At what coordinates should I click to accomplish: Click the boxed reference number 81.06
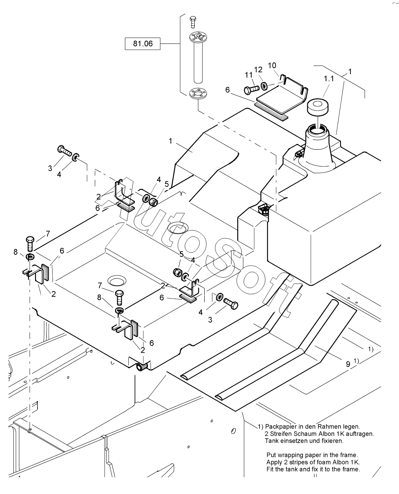(143, 43)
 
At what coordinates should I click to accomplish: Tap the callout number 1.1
(329, 79)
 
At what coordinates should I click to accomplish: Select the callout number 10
(272, 66)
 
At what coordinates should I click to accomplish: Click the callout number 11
(248, 75)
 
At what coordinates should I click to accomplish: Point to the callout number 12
(258, 69)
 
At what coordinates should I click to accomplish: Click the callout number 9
(348, 364)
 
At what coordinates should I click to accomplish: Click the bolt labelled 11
(252, 90)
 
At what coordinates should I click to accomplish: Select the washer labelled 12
(264, 86)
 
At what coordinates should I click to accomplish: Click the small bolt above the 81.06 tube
(193, 22)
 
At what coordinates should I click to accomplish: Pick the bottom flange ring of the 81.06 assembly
(198, 94)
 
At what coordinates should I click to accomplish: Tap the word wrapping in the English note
(291, 455)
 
